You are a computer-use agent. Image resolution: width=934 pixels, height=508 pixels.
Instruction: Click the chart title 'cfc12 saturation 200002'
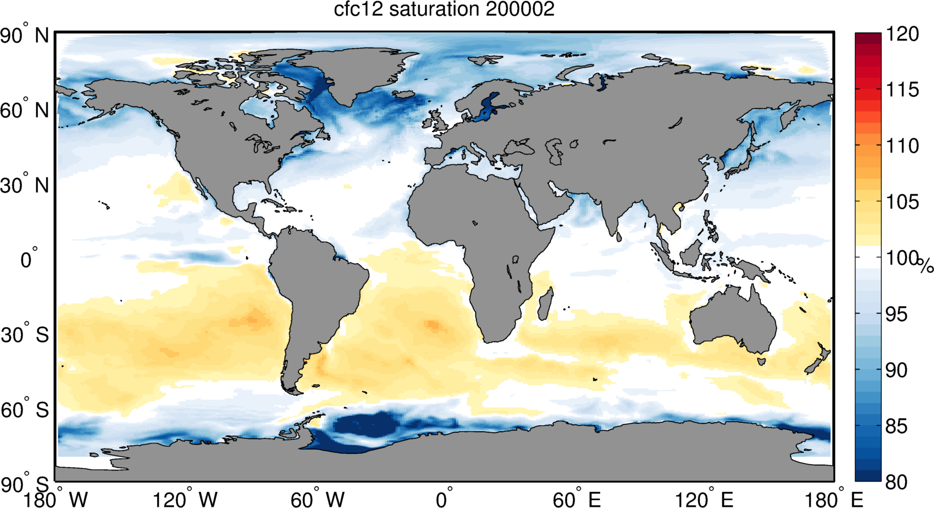coord(444,9)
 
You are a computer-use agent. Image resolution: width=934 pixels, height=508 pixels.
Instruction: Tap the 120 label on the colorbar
coord(902,34)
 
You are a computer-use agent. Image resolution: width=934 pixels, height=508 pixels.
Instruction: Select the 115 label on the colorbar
coord(902,90)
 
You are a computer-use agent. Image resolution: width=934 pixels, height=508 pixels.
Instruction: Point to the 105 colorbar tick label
coord(902,202)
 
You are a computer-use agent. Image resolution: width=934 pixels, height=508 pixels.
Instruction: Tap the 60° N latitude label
coord(24,110)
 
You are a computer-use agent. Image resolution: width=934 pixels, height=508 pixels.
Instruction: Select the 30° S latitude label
coord(24,335)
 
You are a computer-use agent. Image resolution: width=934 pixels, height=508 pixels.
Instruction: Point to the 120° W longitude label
coord(185,499)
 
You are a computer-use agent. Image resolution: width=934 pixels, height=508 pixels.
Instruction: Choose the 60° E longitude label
coord(577,499)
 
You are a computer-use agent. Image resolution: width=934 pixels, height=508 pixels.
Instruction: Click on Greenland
coord(356,72)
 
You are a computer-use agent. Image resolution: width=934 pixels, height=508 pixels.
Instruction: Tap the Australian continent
coord(734,320)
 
